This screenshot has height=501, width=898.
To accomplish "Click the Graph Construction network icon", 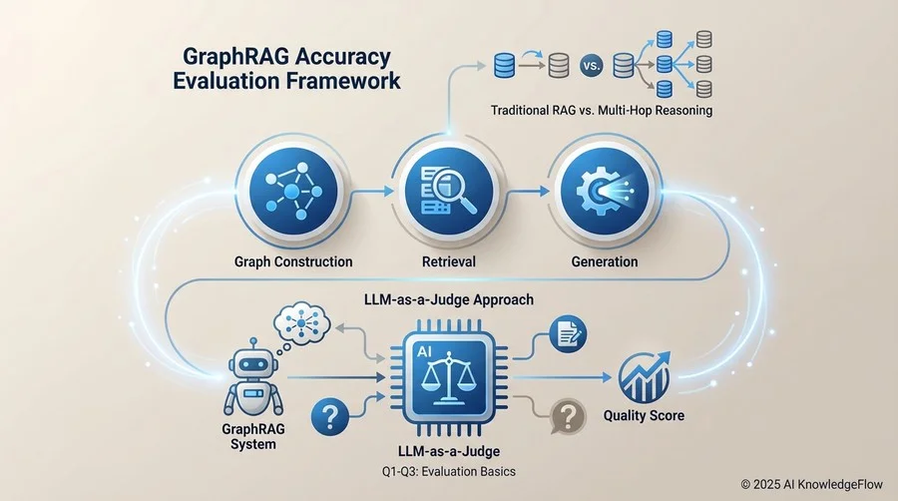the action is pyautogui.click(x=292, y=190).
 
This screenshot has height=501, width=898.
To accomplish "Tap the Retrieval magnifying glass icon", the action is pyautogui.click(x=449, y=191).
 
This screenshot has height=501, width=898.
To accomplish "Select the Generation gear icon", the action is pyautogui.click(x=605, y=191).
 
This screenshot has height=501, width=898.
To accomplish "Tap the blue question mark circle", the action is pyautogui.click(x=330, y=417).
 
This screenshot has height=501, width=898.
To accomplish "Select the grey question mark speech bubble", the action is pyautogui.click(x=568, y=417).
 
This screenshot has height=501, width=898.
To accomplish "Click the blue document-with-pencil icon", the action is pyautogui.click(x=568, y=334).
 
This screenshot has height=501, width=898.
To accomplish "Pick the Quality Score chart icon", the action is pyautogui.click(x=645, y=377).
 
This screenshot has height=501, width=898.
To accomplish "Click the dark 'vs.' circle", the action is pyautogui.click(x=591, y=66).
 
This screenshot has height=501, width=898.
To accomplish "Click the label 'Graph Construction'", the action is pyautogui.click(x=293, y=261).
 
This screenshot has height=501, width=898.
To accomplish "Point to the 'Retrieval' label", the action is pyautogui.click(x=449, y=261).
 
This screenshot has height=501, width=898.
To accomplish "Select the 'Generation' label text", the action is pyautogui.click(x=605, y=261).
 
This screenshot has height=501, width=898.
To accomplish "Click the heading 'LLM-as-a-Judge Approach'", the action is pyautogui.click(x=449, y=299).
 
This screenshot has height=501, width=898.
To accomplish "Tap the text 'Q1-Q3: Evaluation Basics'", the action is pyautogui.click(x=449, y=472).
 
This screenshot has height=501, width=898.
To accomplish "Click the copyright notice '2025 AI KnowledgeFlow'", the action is pyautogui.click(x=818, y=484).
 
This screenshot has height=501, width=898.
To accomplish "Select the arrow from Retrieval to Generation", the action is pyautogui.click(x=528, y=192).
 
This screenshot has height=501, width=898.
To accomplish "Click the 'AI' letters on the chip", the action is pyautogui.click(x=424, y=352).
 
